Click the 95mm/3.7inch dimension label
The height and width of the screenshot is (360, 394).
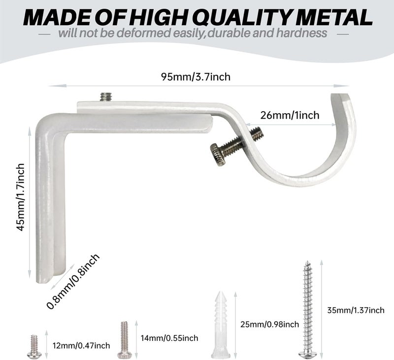196,77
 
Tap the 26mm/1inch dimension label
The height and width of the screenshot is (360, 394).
290,115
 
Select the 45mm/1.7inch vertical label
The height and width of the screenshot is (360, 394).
20,197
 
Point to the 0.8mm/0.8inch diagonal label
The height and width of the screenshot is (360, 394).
73,281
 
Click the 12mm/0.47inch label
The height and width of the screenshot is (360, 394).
81,346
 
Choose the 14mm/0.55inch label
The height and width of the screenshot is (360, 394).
169,338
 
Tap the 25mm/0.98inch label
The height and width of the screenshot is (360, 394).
269,325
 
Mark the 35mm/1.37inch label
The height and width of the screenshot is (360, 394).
356,310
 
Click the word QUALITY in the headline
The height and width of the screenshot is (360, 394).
243,17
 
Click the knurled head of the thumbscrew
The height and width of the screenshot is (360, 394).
218,155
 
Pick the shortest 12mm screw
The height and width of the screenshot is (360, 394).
34,347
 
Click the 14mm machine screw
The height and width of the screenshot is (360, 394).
125,340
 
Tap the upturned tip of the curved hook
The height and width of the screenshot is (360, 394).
340,95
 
